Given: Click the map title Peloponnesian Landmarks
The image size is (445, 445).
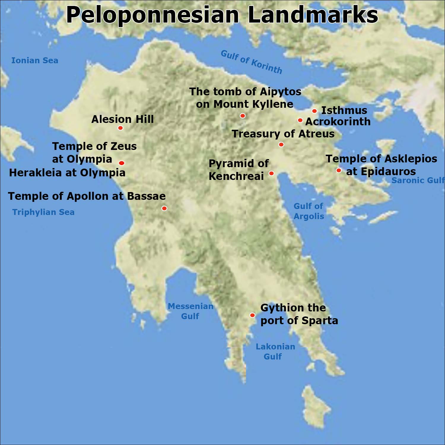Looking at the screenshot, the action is (222, 15).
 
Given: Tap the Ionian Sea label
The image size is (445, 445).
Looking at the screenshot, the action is (35, 61).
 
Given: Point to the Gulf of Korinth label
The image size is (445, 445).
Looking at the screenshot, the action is (251, 62).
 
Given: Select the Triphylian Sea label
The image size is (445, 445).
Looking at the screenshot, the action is (43, 212).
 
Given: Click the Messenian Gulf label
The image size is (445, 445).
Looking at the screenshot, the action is (190, 311).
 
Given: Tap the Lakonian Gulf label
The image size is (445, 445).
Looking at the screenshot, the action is (275, 351).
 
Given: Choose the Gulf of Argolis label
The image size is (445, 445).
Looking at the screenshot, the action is (309, 211).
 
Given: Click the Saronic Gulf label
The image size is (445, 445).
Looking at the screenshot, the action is (418, 180).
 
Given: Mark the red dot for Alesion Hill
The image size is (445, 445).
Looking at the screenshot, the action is (120, 128).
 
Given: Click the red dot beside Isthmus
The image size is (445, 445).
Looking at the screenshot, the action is (314, 111).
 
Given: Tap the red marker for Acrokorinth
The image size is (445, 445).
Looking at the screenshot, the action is (300, 120).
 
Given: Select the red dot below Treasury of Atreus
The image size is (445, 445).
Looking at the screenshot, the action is (281, 145).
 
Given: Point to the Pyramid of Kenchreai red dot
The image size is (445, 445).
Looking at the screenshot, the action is (271, 173).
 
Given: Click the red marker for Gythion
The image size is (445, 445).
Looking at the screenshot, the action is (252, 315).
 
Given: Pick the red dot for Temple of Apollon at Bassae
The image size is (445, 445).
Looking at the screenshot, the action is (164, 208).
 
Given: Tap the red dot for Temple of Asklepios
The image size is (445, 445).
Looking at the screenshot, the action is (338, 170).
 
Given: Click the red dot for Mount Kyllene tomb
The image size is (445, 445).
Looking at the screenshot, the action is (243, 116).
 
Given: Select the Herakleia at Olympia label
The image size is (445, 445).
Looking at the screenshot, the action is (67, 173).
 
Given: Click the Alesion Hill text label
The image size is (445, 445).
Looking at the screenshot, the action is (123, 119).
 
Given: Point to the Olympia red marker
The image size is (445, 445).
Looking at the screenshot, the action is (121, 163).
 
